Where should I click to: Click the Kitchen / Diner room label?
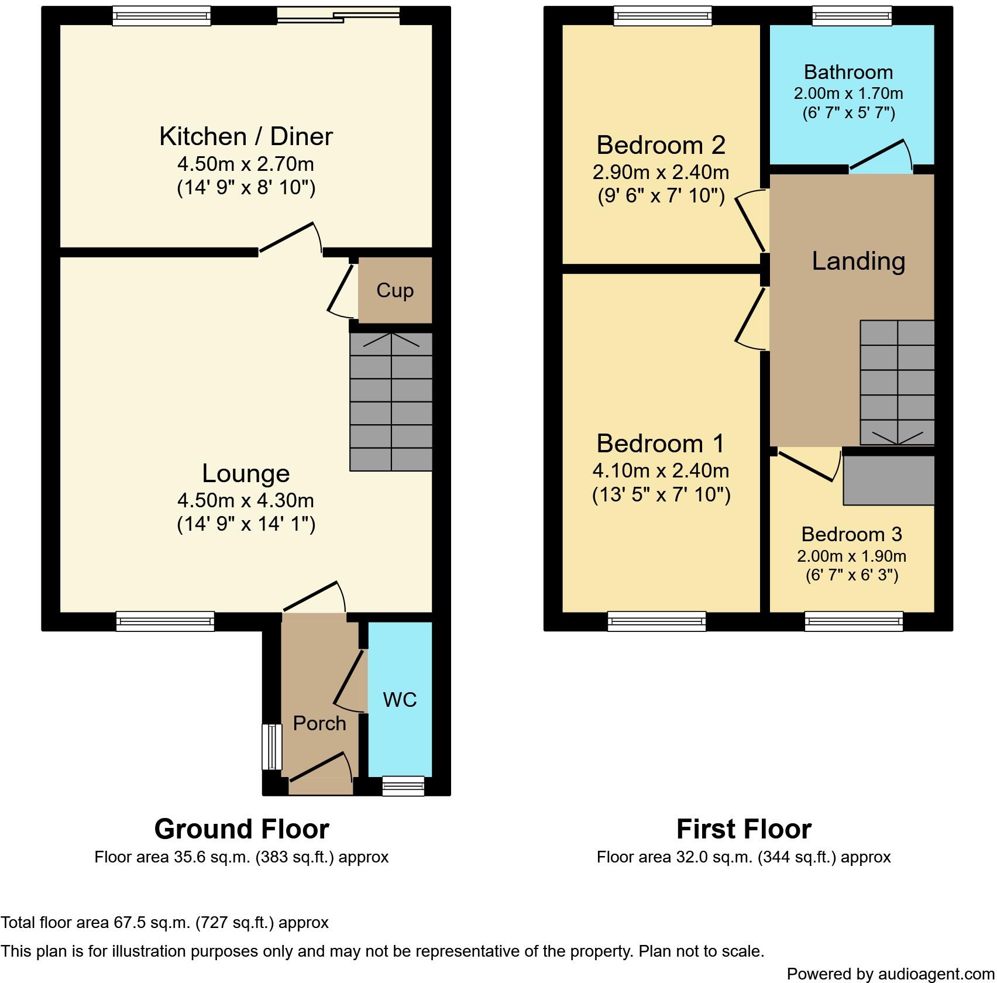pos(246,136)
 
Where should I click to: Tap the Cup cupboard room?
pos(395,290)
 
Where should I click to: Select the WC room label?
pos(400,699)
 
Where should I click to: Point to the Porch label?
pos(319,723)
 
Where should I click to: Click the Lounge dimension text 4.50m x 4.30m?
pos(246,501)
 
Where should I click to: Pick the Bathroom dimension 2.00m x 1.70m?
pos(848,94)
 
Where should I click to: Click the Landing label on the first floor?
pos(858,261)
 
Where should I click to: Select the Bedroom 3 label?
pos(851,534)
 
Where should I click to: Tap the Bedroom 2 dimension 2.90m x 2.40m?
pos(661,172)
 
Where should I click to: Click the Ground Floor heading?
pos(242,829)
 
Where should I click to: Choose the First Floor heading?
pos(744,829)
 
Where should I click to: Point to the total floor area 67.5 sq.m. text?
pos(164,923)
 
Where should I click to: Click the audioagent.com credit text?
pos(891,974)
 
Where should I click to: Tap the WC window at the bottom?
pos(403,786)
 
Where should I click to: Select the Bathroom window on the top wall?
pos(852,16)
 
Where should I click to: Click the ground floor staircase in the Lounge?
pos(391,402)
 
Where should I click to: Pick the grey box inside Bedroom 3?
pos(888,480)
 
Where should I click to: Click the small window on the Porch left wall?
pos(271,747)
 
